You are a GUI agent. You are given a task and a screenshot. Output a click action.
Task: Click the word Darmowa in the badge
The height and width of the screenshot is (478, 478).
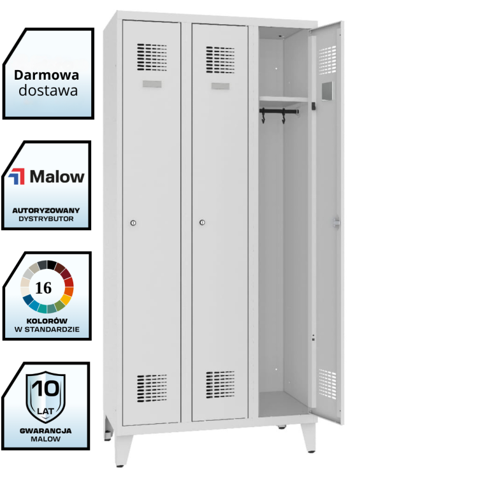tap(47, 74)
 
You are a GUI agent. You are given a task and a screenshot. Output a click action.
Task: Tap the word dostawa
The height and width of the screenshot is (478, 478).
tap(48, 90)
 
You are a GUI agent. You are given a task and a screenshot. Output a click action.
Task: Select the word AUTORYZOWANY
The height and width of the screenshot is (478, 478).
tap(47, 210)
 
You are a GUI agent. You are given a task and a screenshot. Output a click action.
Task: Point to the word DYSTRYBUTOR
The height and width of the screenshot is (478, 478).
tap(47, 219)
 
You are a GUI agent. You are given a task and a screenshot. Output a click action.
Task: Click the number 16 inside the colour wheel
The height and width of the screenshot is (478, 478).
tap(44, 287)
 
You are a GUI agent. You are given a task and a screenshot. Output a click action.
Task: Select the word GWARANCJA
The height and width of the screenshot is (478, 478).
tap(45, 430)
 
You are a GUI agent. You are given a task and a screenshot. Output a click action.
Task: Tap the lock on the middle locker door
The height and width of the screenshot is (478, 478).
tap(202, 222)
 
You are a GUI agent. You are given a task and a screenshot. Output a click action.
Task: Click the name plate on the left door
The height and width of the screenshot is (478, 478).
tap(152, 85)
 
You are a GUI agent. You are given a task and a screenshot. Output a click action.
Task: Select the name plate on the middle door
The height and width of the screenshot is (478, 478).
tap(221, 86)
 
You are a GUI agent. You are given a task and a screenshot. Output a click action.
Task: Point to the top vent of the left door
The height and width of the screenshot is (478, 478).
tap(152, 57)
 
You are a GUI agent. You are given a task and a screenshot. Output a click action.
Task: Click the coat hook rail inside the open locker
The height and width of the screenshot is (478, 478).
tap(279, 112)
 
